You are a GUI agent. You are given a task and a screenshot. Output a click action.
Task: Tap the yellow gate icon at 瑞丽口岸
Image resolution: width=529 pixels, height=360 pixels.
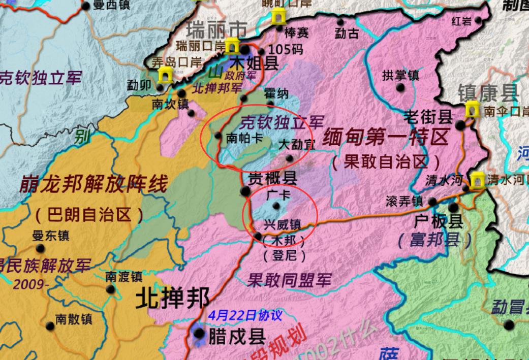pos(232,46)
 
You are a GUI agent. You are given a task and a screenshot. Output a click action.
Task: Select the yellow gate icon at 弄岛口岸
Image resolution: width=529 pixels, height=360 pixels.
pos(165,76)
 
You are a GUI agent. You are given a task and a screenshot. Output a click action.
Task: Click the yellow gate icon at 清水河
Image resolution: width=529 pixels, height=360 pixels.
pos(477,180)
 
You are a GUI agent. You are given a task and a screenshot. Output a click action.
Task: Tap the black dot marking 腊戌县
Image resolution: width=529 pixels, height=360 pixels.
pos(200,334)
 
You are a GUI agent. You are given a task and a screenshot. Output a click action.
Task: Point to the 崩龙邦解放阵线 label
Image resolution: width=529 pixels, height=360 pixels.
pos(94,185)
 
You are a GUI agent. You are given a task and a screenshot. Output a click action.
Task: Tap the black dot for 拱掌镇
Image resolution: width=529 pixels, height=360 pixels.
pos(400,87)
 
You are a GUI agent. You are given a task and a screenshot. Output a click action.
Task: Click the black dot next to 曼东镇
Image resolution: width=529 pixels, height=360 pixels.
pos(40,248)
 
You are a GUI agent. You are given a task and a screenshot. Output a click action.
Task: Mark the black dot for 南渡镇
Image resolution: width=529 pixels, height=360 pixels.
pos(110,289)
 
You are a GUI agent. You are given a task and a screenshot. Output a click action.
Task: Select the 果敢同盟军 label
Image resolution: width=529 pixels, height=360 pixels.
pos(289,279)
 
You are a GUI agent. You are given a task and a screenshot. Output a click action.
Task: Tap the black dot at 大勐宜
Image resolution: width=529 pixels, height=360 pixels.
pos(289,158)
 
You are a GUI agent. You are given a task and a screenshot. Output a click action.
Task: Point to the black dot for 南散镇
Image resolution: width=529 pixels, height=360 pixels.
pos(49,325)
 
